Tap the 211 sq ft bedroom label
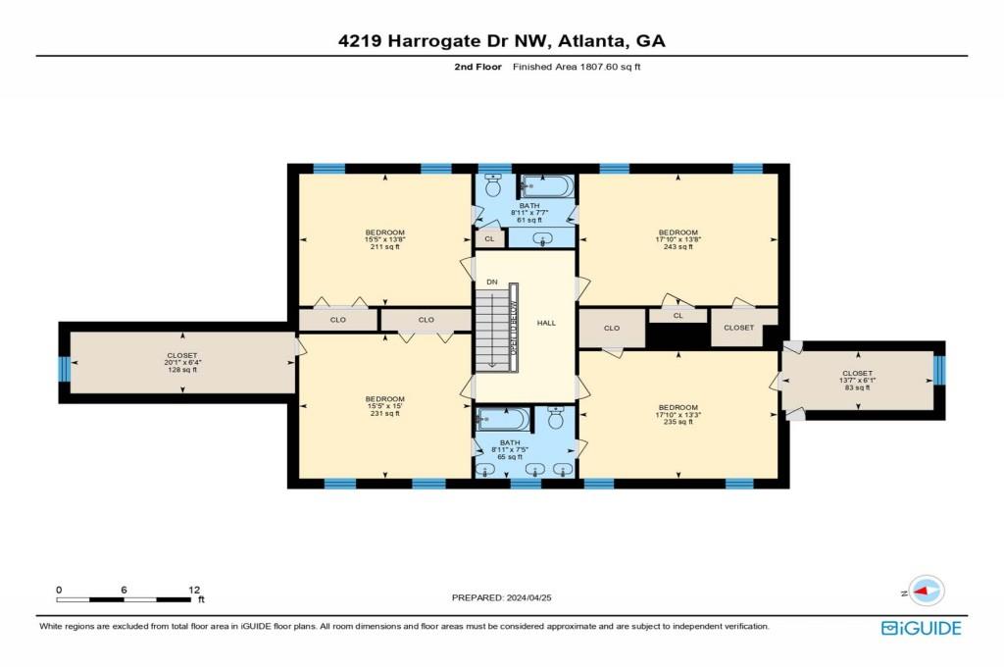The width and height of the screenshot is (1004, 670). (x=384, y=239)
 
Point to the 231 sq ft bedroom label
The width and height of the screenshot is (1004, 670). (x=384, y=406)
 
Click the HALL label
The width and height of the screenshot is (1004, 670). (x=546, y=322)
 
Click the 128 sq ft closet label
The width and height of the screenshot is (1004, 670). (x=181, y=363)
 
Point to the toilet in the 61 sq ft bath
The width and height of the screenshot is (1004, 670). (x=495, y=184)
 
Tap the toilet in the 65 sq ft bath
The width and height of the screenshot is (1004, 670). (x=555, y=420)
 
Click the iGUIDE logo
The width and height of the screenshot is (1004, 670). (x=921, y=629)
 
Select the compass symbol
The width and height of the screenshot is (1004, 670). (x=927, y=591)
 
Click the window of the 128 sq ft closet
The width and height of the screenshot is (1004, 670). (x=65, y=368)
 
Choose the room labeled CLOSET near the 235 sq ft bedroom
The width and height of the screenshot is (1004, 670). (x=739, y=328)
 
